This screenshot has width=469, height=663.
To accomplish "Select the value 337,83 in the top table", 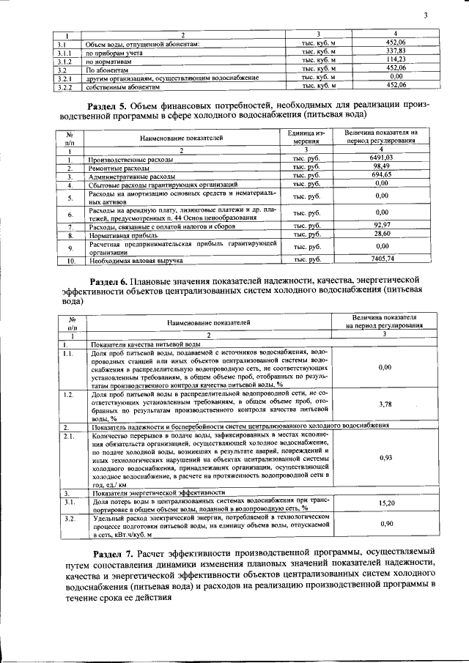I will tap(396, 52).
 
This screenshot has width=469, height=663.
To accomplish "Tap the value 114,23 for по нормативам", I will tap(396, 60).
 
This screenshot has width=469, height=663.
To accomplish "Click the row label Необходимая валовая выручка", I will tap(131, 260).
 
